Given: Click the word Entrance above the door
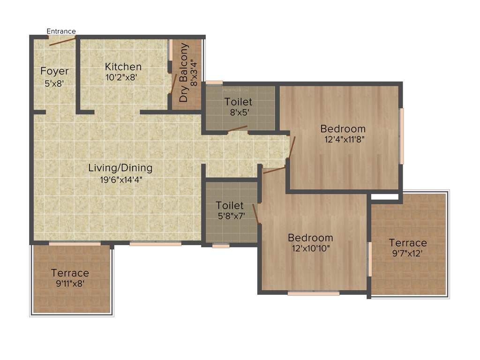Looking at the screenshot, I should pyautogui.click(x=61, y=31).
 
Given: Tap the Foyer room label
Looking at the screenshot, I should pyautogui.click(x=54, y=71).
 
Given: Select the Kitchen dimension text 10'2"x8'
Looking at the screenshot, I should pyautogui.click(x=121, y=77).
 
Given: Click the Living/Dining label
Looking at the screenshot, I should pyautogui.click(x=120, y=168).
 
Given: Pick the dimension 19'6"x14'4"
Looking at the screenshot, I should pyautogui.click(x=121, y=179).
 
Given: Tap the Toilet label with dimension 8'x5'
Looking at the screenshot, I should pyautogui.click(x=238, y=102).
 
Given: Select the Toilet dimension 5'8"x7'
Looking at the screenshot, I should pyautogui.click(x=230, y=216).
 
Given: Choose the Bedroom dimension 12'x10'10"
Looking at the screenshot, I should pyautogui.click(x=310, y=248).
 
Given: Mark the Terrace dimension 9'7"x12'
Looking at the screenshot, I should pyautogui.click(x=408, y=253).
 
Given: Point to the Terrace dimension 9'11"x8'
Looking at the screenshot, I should pyautogui.click(x=70, y=283).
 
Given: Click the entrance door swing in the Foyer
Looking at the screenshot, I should pyautogui.click(x=62, y=41).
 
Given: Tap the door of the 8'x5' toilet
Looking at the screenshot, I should pyautogui.click(x=238, y=128).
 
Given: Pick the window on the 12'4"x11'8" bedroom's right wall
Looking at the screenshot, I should pyautogui.click(x=401, y=136).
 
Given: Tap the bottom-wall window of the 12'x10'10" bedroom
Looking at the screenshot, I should pyautogui.click(x=313, y=293).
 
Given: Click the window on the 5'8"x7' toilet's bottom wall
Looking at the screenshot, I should pyautogui.click(x=221, y=245).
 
